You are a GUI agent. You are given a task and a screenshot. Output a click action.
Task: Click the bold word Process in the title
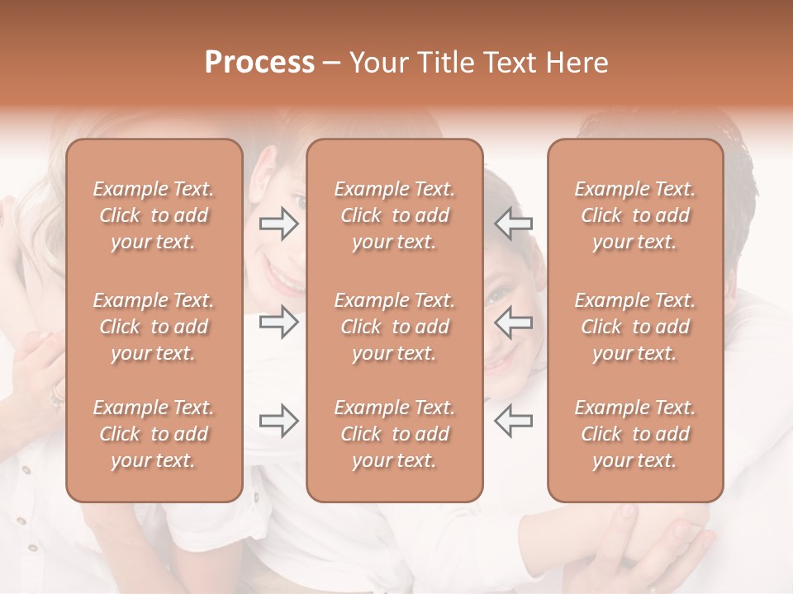click(259, 63)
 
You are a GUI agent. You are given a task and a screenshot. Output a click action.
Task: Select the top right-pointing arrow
click(278, 224)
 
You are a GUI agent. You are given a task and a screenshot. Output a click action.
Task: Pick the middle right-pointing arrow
click(278, 322)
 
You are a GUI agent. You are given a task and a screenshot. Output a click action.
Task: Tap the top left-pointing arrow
click(513, 224)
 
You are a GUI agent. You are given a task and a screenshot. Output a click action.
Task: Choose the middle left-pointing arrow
click(513, 322)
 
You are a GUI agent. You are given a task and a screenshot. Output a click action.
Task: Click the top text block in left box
click(154, 215)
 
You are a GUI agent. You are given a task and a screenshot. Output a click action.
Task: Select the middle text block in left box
click(154, 327)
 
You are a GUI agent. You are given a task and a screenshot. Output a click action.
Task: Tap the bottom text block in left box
click(154, 434)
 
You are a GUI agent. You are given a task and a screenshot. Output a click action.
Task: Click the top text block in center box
click(394, 215)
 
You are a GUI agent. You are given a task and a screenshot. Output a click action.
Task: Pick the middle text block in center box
click(394, 327)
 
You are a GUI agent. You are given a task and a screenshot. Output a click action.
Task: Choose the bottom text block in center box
click(394, 434)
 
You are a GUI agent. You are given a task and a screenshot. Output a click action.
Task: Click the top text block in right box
click(634, 215)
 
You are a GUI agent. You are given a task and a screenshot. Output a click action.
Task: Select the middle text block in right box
click(634, 327)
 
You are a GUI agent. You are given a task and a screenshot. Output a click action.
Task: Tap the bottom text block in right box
click(634, 434)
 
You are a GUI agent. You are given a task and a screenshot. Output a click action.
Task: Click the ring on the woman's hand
click(56, 397)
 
